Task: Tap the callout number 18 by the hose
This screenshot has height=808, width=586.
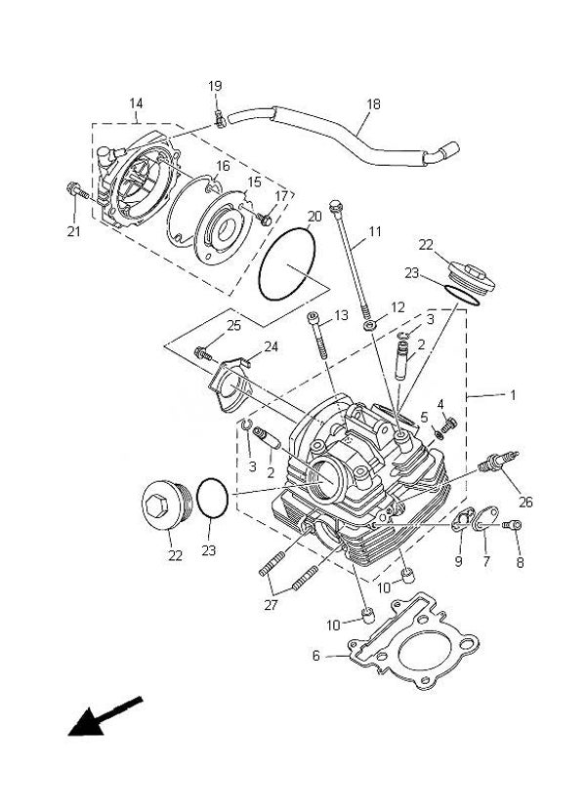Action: (x=373, y=103)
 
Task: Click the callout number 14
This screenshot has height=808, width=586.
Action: (x=136, y=102)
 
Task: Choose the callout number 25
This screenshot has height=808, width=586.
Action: (x=232, y=325)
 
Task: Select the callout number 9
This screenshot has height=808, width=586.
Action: (x=458, y=560)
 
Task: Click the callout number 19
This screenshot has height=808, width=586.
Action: (x=215, y=86)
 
